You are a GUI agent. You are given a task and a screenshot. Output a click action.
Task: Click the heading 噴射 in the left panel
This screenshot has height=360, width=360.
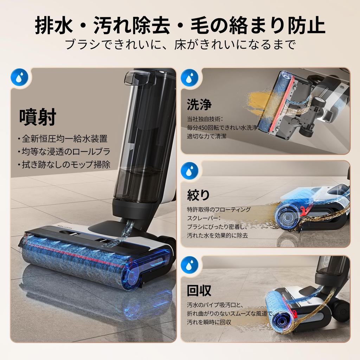click(x=38, y=117)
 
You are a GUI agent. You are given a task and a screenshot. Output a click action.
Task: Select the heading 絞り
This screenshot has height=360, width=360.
click(x=198, y=195)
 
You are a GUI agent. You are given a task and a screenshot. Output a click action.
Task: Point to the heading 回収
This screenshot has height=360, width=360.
click(x=199, y=290)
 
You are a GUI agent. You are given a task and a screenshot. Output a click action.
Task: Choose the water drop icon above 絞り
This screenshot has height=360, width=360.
click(x=190, y=170)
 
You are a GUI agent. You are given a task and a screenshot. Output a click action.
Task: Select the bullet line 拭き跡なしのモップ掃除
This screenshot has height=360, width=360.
click(x=64, y=165)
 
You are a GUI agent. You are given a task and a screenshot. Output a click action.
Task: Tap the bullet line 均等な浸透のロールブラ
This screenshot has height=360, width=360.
click(x=64, y=152)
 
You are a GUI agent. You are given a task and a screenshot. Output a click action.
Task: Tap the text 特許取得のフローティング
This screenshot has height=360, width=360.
click(x=219, y=210)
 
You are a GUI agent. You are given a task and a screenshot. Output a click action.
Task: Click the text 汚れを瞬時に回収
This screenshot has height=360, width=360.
click(x=209, y=321)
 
